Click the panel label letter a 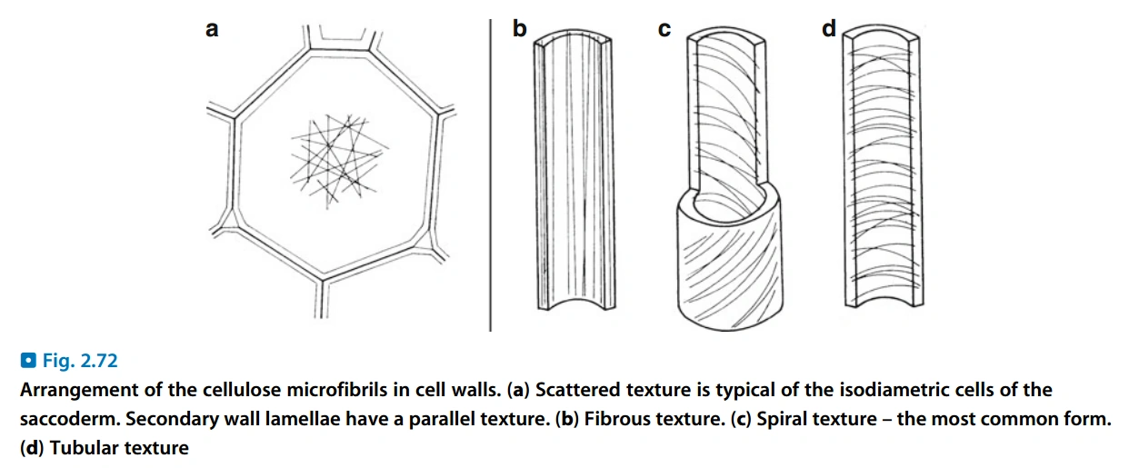pos(212,30)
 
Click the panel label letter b pos(519,30)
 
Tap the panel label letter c pos(664,30)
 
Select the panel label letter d pos(827,30)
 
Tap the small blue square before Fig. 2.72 pos(28,361)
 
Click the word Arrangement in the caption pos(71,390)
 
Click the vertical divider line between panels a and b pos(491,173)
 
